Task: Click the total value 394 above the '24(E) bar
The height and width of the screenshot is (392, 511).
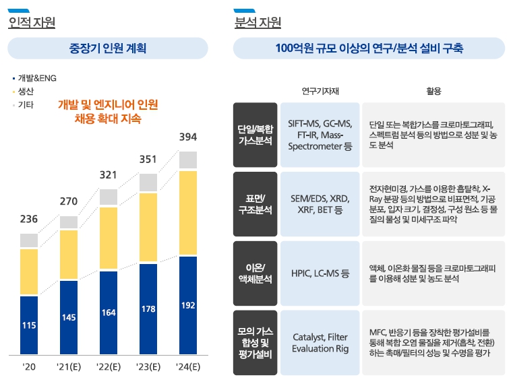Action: [x=188, y=137]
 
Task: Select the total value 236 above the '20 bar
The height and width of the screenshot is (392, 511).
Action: [x=29, y=219]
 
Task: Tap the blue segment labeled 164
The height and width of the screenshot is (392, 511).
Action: [x=109, y=313]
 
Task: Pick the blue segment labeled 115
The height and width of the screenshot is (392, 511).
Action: [x=29, y=325]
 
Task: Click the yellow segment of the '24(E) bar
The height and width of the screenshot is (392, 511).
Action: [x=188, y=213]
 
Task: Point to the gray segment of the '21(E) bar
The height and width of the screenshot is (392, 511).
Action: [x=69, y=222]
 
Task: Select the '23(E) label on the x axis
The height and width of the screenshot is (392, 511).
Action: [x=148, y=367]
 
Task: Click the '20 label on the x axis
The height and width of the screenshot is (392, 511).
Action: [x=29, y=367]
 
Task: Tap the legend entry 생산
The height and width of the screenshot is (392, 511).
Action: [x=26, y=91]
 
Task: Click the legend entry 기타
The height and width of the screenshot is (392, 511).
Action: [x=26, y=105]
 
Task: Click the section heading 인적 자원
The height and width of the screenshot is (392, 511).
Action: [x=32, y=23]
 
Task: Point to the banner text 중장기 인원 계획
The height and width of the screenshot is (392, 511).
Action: [x=108, y=48]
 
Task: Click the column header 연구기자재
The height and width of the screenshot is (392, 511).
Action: [x=320, y=91]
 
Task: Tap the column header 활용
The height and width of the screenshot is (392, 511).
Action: [x=433, y=91]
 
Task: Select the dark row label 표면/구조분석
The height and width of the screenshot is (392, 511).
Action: [x=255, y=203]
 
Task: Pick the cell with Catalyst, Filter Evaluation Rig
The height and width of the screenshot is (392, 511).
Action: [x=320, y=342]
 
